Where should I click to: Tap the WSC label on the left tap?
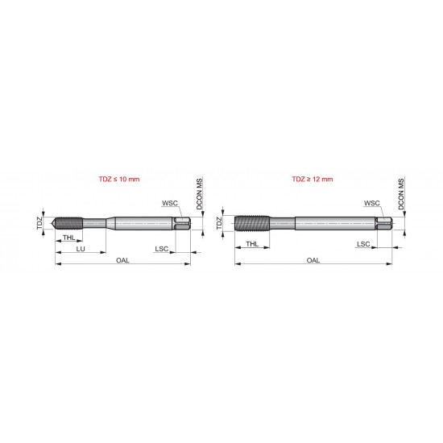[x=170, y=204]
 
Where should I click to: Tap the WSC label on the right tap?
[x=371, y=204]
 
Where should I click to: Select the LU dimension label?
[x=81, y=250]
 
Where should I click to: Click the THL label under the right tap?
[x=252, y=242]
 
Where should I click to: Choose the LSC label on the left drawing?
[x=163, y=250]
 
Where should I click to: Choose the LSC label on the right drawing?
[x=363, y=242]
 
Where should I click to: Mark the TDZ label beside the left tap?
[x=39, y=223]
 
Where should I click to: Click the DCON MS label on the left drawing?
[x=199, y=197]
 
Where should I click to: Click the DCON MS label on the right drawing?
[x=400, y=197]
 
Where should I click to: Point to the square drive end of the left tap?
[x=184, y=223]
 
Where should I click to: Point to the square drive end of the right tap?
[x=387, y=223]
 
